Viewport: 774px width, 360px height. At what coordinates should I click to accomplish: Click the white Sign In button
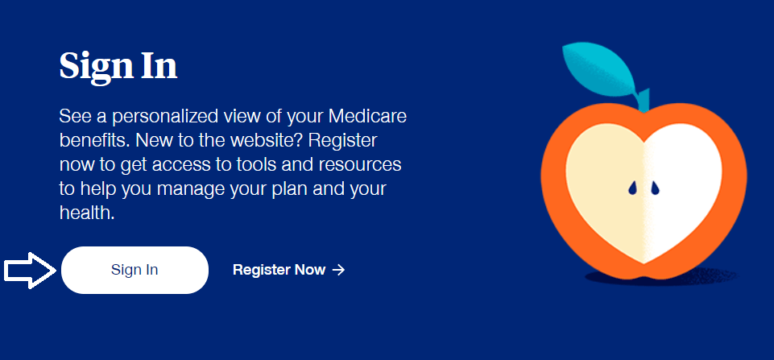click(135, 270)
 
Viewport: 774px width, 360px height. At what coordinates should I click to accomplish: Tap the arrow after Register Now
click(338, 270)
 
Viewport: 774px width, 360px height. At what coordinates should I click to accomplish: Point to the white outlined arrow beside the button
click(30, 270)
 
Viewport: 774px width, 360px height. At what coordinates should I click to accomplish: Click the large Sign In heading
click(118, 66)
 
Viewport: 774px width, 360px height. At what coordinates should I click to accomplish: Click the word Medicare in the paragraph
click(367, 117)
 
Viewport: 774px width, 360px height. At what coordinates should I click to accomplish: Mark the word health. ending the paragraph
click(87, 213)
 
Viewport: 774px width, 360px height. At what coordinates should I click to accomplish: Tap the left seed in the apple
click(633, 188)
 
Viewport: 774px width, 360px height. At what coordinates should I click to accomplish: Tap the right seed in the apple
click(655, 188)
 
